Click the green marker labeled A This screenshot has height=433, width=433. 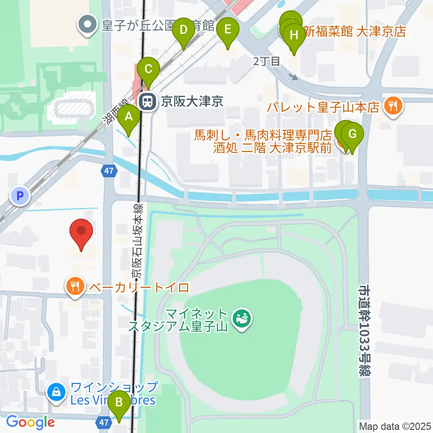point(129,118)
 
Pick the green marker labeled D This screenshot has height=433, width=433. point(183,31)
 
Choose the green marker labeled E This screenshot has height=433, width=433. point(227,31)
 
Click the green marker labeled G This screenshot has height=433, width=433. point(352,134)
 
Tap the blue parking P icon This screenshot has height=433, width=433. point(19,195)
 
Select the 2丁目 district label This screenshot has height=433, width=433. point(267,61)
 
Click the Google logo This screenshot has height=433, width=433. point(30,422)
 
